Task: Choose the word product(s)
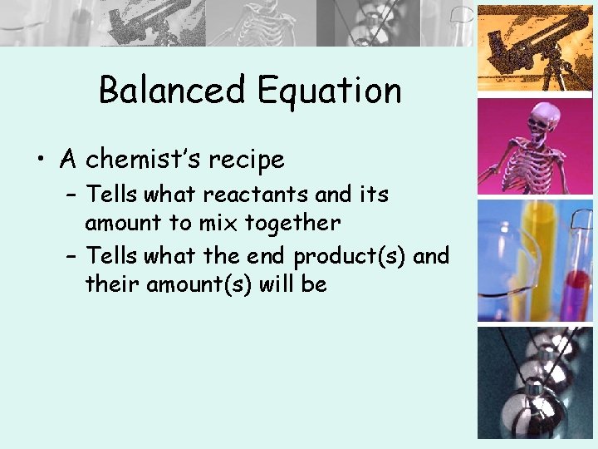(350, 255)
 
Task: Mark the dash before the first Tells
(71, 195)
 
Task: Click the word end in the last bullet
(268, 255)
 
